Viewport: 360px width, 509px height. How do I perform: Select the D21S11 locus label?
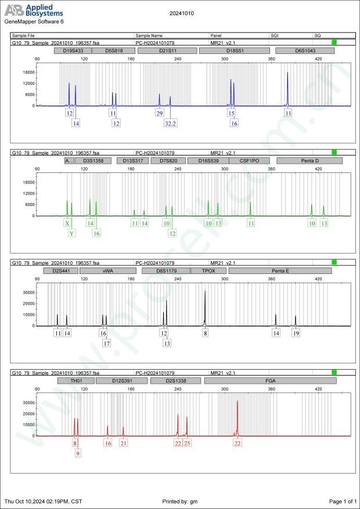point(168,51)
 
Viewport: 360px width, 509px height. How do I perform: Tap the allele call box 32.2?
point(170,124)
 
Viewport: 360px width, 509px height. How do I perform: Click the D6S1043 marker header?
point(304,51)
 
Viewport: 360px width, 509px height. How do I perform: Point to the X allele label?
point(67,223)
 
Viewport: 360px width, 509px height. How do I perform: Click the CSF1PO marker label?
point(244,161)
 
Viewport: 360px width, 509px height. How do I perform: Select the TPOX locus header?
point(208,270)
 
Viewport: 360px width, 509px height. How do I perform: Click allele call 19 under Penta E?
point(296,333)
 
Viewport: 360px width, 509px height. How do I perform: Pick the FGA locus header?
point(270,381)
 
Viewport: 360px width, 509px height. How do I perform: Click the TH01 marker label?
point(76,381)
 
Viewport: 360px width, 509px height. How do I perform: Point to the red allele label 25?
point(187,443)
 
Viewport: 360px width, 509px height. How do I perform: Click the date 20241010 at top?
point(181,12)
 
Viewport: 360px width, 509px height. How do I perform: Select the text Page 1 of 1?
point(343,501)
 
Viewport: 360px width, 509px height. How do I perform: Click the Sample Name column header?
point(149,35)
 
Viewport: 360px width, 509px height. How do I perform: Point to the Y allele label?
point(71,233)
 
